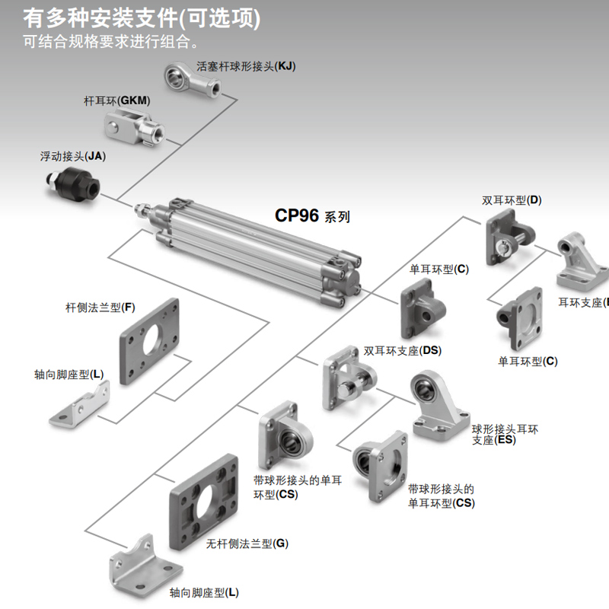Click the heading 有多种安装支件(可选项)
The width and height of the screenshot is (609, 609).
click(142, 18)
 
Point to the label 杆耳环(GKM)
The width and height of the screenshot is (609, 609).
click(116, 100)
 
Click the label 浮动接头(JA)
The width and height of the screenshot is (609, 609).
click(72, 156)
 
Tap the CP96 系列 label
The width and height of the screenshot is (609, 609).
click(312, 215)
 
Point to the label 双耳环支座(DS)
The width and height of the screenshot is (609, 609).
click(403, 350)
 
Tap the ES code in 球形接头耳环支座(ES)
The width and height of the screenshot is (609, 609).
click(504, 440)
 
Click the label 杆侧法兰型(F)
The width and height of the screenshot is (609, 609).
click(100, 308)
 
